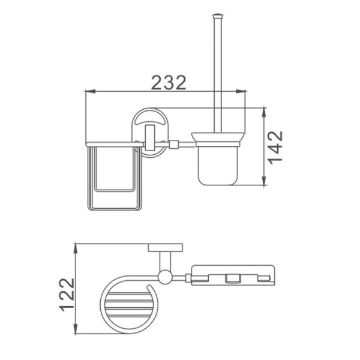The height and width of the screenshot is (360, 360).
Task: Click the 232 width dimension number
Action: pos(169,82)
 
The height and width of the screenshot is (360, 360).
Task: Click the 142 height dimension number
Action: pos(276,148)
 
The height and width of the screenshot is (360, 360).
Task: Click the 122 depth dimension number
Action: pos(67,295)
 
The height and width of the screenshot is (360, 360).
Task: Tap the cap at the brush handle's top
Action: pos(218,16)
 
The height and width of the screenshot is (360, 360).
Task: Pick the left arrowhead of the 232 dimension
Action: pos(90,91)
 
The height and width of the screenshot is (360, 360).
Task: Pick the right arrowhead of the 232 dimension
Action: pos(241,91)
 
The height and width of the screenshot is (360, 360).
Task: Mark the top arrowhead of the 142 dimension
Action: pos(264,113)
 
